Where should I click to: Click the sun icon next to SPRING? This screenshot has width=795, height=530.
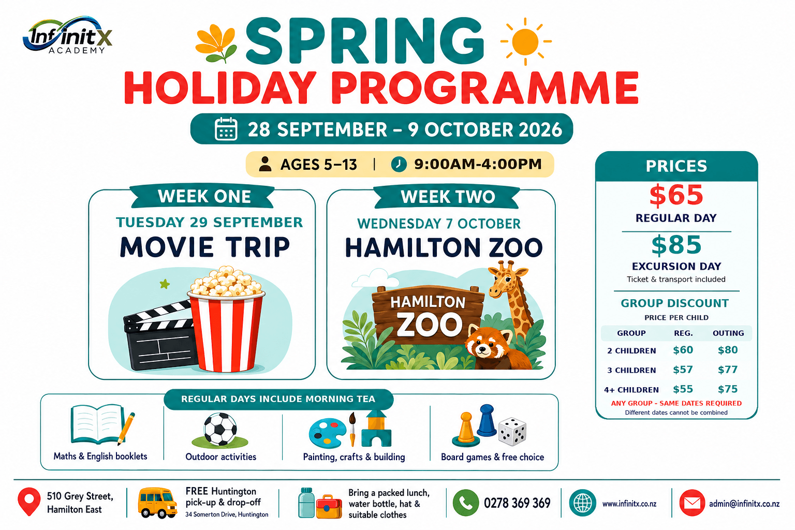point(526,41)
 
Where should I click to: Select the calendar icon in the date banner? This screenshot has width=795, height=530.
point(226,129)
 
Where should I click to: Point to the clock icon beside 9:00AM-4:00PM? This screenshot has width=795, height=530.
point(399,165)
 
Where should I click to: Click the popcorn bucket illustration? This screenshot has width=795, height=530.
point(226,319)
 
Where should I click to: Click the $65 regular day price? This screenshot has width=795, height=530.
point(676,195)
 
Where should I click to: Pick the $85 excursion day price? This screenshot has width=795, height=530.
point(676,245)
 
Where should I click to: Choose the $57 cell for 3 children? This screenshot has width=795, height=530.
point(683,370)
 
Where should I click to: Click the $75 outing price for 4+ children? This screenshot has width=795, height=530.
point(728,389)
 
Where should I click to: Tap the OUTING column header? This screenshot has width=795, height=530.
point(728,333)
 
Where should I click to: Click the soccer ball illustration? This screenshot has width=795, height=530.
point(220,429)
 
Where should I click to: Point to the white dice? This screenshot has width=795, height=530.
point(512,431)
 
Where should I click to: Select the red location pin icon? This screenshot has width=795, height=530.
point(29,501)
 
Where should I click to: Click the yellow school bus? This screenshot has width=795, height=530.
point(157,503)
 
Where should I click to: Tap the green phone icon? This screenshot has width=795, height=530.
point(466,503)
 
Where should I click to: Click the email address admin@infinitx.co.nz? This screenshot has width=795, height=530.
point(744,504)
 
